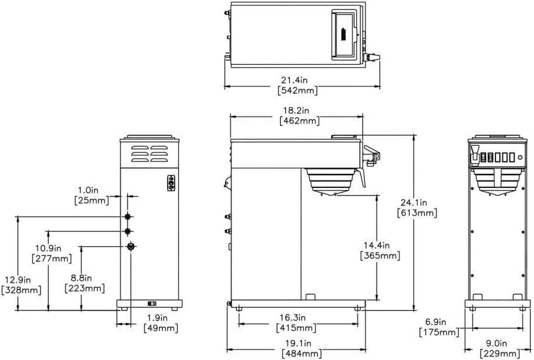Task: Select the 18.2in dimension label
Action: [x=297, y=110]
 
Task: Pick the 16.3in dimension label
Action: [x=297, y=317]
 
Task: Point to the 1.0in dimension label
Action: [x=92, y=190]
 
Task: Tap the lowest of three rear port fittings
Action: [x=131, y=246]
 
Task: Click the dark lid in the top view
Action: [x=344, y=36]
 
